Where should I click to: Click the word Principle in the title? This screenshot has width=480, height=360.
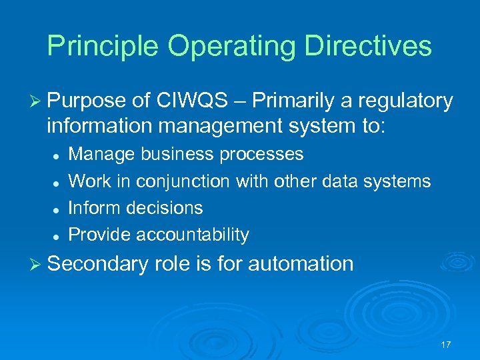point(103,46)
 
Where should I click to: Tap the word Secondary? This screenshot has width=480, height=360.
point(98,264)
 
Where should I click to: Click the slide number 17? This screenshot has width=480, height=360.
point(445,345)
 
